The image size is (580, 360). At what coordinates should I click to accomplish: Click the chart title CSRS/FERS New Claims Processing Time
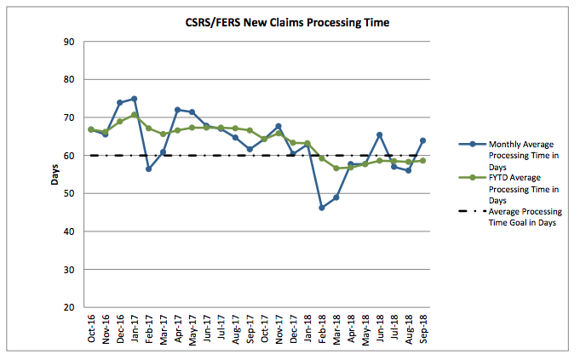tap(290, 23)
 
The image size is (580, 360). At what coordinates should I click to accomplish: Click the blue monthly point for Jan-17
tap(134, 99)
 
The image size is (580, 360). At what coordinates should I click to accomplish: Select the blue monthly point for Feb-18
tap(322, 208)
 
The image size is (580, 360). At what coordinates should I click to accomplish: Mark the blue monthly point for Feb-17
tap(148, 169)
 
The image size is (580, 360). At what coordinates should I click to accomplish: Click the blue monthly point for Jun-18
tap(379, 135)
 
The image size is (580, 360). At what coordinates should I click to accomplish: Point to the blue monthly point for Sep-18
tap(422, 140)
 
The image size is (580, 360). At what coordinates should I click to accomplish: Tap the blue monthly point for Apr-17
tap(177, 110)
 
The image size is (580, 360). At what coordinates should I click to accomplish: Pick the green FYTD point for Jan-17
tap(134, 115)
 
